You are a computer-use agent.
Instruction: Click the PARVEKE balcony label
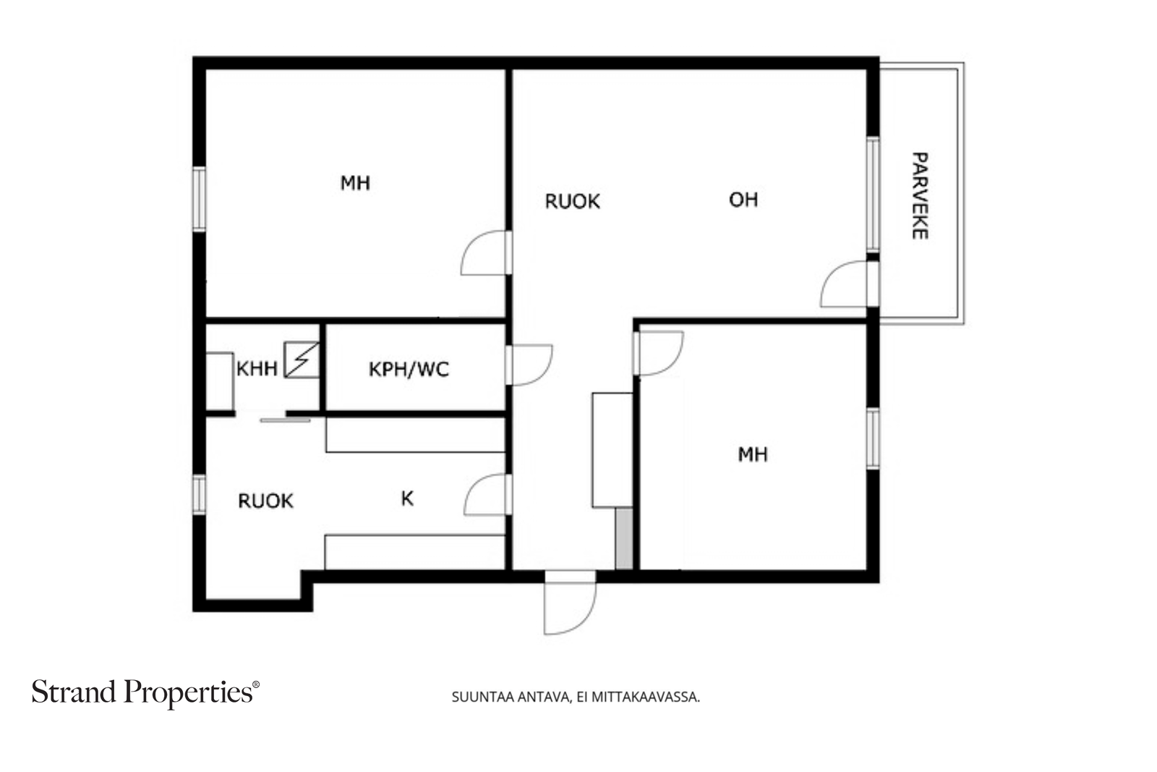(x=920, y=196)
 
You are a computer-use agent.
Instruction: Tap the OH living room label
(x=743, y=200)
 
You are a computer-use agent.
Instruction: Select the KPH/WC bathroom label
(x=409, y=370)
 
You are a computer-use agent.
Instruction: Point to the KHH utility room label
(x=257, y=369)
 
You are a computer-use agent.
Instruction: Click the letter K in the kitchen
(x=407, y=499)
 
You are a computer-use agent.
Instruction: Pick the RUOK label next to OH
(x=572, y=202)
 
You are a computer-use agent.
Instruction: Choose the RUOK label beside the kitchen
(x=265, y=501)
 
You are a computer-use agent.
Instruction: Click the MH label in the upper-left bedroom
(x=355, y=183)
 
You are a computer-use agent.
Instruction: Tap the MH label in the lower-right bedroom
(x=753, y=454)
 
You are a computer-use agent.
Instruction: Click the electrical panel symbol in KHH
(x=302, y=360)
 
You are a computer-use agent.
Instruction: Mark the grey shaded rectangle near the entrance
(x=624, y=538)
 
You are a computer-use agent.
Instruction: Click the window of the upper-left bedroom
(x=199, y=199)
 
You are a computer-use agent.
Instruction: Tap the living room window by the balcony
(x=873, y=195)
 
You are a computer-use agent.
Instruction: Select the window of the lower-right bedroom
(x=873, y=438)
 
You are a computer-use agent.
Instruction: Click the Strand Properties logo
(x=145, y=693)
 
